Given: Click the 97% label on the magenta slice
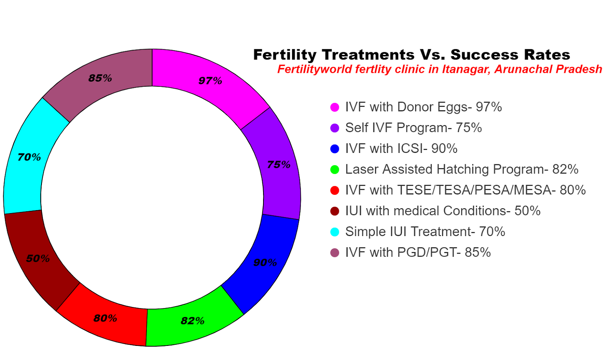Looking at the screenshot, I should [210, 81].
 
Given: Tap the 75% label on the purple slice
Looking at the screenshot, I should [279, 165].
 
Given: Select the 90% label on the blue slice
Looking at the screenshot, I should [265, 262].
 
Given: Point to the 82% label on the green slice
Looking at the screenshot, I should [193, 321].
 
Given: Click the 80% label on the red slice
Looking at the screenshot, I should [105, 318].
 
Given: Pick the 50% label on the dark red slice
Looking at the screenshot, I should [38, 259].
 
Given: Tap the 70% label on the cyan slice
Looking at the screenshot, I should [29, 157].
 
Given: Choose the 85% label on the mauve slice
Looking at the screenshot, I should [100, 78].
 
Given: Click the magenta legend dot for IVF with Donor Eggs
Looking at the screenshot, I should [335, 107].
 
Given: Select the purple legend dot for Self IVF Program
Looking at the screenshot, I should [335, 128].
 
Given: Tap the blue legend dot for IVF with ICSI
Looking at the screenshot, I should [335, 149].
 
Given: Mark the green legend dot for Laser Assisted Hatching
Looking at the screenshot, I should [335, 170].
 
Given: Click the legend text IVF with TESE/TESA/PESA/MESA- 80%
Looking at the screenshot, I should [465, 190].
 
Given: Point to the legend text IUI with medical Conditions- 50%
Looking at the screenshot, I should [443, 211].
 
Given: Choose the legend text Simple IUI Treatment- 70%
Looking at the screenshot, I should [425, 231].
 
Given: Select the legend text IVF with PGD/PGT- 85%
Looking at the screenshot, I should [418, 252].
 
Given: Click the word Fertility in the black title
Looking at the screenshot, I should [285, 55].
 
